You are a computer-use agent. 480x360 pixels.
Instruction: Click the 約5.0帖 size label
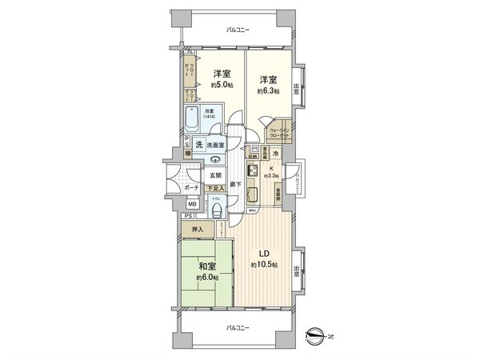[x=221, y=86]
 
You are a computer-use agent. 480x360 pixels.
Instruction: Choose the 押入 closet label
[x=198, y=229]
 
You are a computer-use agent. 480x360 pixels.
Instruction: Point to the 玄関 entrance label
[x=215, y=174]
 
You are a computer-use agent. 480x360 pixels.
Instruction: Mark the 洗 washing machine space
[x=198, y=145]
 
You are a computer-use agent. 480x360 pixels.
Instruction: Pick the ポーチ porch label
[x=190, y=187]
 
